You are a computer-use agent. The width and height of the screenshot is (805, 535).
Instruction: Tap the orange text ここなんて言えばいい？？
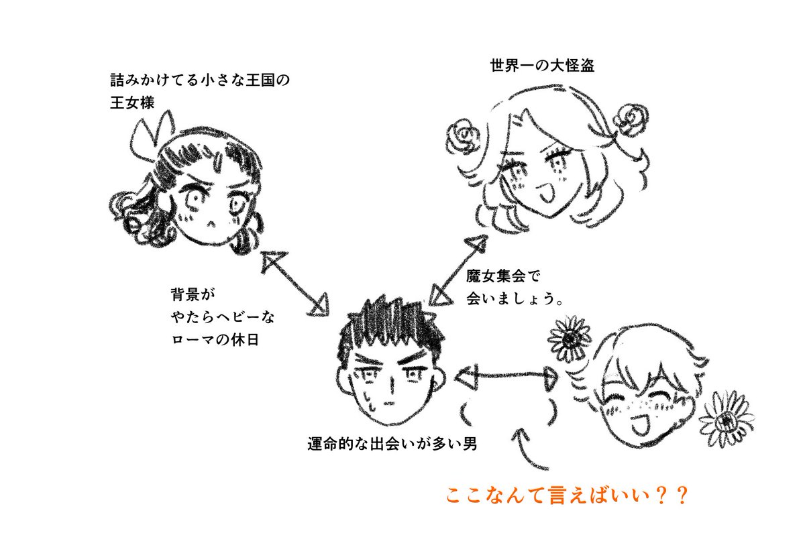coord(568,496)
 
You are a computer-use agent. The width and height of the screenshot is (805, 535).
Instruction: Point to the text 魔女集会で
coord(502,276)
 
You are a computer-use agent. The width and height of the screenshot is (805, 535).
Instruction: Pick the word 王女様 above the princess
coord(132,104)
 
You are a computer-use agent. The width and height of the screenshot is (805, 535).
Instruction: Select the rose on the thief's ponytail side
coord(630,119)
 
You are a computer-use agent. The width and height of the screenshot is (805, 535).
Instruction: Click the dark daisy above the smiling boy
coord(569,339)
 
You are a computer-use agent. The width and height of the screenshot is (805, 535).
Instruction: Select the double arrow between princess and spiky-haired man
coord(294,282)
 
